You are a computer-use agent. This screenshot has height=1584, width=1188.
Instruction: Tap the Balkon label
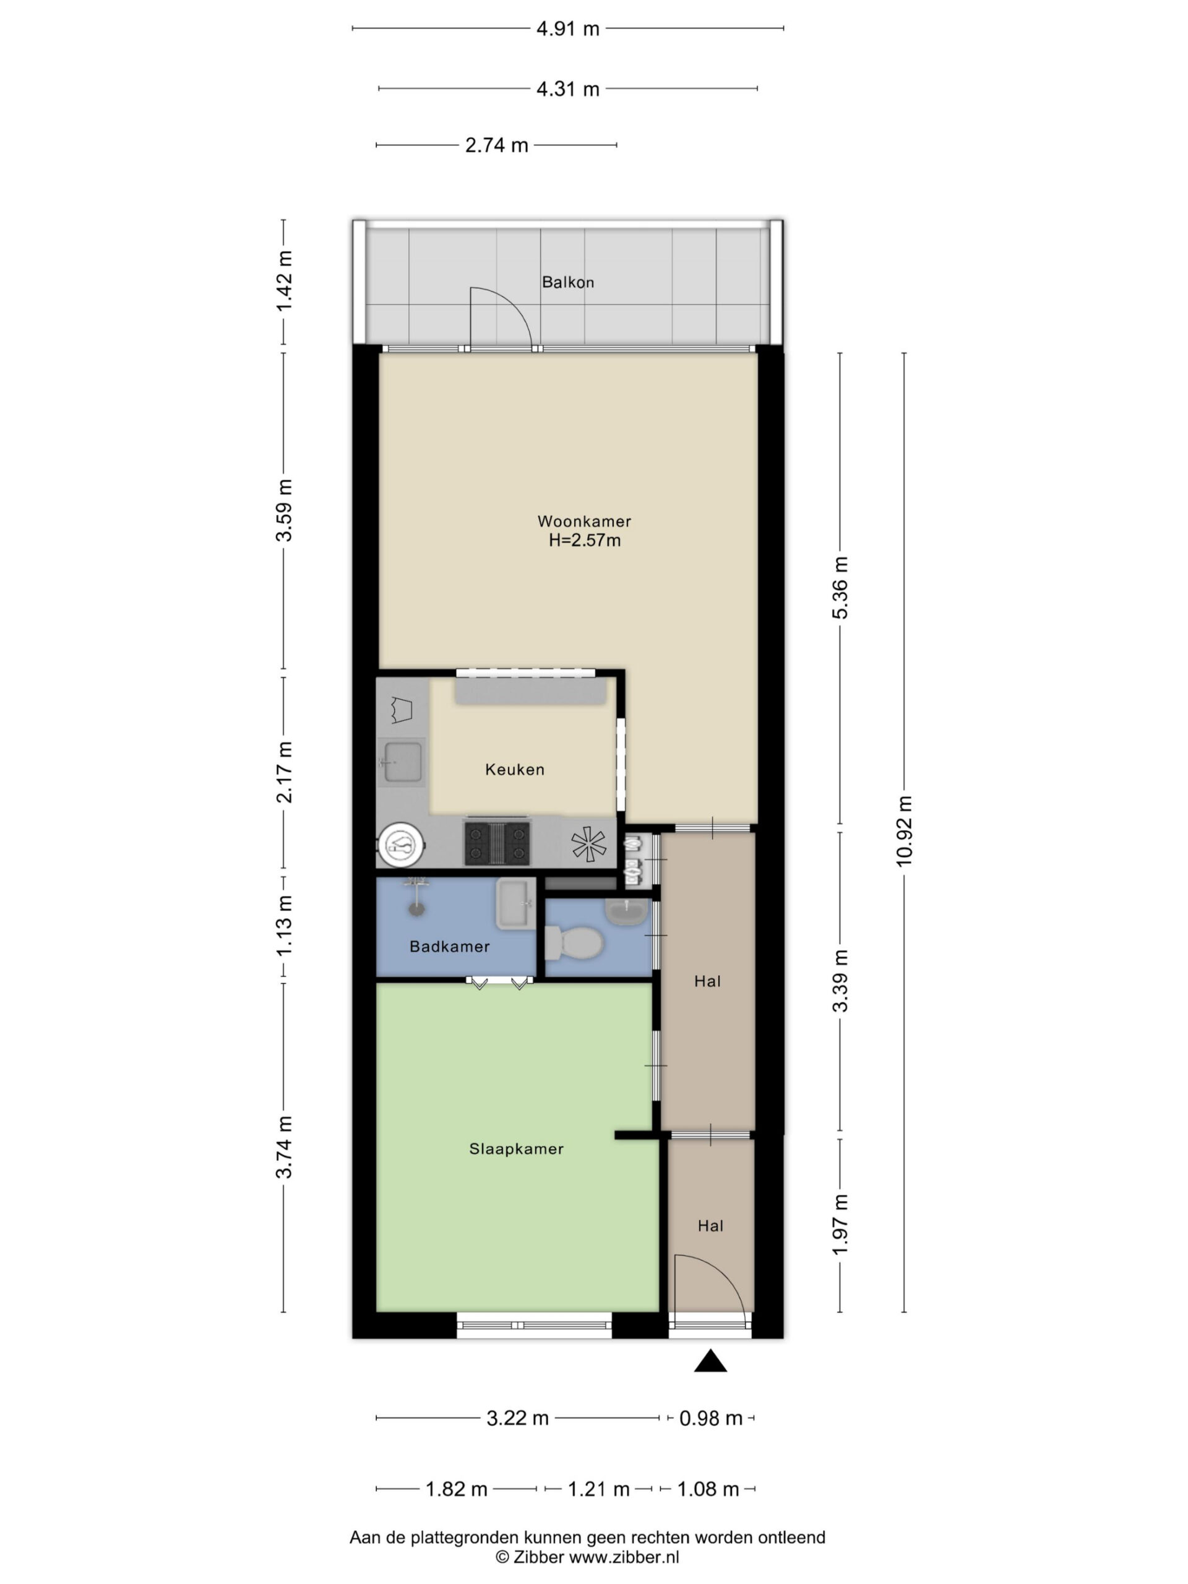pos(567,282)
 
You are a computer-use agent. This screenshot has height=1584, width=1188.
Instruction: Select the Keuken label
pos(514,769)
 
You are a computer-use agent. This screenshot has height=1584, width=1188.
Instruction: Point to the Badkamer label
pos(449,946)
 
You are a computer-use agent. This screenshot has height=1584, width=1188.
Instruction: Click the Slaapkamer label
pos(515,1148)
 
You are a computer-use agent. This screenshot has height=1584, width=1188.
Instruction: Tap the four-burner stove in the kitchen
pos(497,843)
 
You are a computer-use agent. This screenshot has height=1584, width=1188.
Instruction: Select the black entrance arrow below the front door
pos(710,1361)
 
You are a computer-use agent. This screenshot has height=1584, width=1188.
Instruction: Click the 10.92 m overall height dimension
pos(904,830)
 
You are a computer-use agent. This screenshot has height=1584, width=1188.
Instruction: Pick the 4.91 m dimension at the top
pos(567,28)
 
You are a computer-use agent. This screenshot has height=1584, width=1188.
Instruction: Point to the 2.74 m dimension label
pos(496,145)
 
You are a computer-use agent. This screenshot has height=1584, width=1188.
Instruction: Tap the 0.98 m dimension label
pos(710,1418)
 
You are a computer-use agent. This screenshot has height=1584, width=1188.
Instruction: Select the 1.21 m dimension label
pos(599,1489)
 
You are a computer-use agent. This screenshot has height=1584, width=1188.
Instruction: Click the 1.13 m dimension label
pos(284,924)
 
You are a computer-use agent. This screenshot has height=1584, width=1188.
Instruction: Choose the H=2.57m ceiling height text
pos(584,541)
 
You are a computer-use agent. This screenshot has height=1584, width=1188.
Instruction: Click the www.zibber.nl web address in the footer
pos(623,1556)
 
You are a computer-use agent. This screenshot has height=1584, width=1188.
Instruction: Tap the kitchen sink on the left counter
pos(401,762)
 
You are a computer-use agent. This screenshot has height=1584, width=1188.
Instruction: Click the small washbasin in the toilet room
pos(627,911)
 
